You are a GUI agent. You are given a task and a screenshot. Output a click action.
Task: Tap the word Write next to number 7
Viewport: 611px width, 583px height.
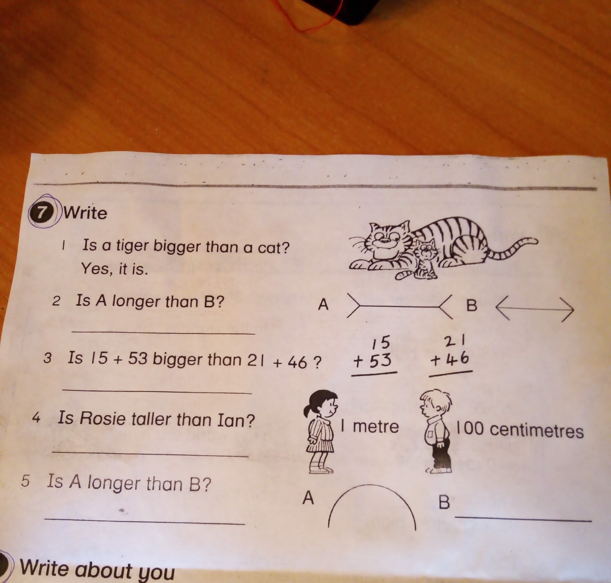[85, 213]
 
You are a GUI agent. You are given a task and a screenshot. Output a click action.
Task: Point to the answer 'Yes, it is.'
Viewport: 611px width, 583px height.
[114, 269]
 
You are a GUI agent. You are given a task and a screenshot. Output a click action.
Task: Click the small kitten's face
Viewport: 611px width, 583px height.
[426, 251]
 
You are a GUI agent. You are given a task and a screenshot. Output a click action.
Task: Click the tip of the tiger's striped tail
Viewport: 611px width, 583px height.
[534, 239]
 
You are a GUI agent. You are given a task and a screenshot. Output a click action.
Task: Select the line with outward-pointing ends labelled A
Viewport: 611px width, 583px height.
[400, 306]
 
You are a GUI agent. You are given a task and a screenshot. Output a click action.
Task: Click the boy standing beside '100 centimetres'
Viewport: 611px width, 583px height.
[436, 433]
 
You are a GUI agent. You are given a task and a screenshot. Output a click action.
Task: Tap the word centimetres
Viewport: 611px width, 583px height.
[537, 431]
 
